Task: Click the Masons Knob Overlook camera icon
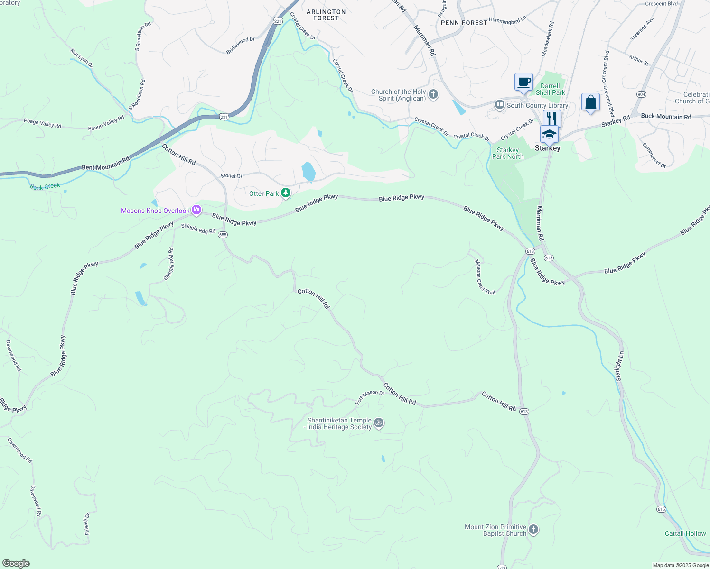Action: pyautogui.click(x=196, y=210)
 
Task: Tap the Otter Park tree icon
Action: pyautogui.click(x=286, y=193)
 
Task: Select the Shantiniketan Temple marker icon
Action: pyautogui.click(x=378, y=423)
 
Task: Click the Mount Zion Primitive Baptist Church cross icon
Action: pyautogui.click(x=533, y=530)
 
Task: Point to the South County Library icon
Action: pyautogui.click(x=499, y=105)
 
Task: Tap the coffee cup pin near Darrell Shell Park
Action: pyautogui.click(x=523, y=82)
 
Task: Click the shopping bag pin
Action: pyautogui.click(x=590, y=102)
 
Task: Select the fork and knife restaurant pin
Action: pyautogui.click(x=552, y=119)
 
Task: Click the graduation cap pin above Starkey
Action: pyautogui.click(x=549, y=134)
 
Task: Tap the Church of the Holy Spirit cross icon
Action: pyautogui.click(x=433, y=94)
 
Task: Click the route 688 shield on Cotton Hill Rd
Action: pyautogui.click(x=223, y=235)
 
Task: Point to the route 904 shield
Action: pyautogui.click(x=641, y=94)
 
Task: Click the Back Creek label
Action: pyautogui.click(x=45, y=186)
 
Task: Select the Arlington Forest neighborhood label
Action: pyautogui.click(x=326, y=15)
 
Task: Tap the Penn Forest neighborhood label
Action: pyautogui.click(x=464, y=22)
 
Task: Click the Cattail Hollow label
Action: pyautogui.click(x=685, y=533)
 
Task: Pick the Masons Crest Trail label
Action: pyautogui.click(x=485, y=277)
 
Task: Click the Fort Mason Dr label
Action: pyautogui.click(x=370, y=396)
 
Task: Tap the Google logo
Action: pyautogui.click(x=16, y=563)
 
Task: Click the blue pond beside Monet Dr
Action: pyautogui.click(x=308, y=172)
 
